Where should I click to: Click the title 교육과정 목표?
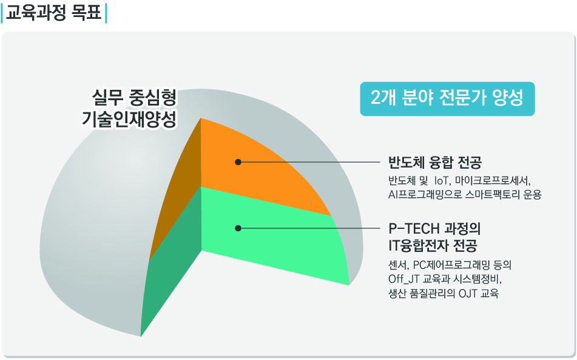(x=54, y=13)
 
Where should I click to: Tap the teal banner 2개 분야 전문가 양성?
(x=447, y=98)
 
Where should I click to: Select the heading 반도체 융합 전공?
(x=435, y=162)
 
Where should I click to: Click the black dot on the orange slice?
(x=238, y=162)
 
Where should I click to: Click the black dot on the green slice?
(x=238, y=228)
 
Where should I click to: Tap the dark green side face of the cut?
(x=171, y=265)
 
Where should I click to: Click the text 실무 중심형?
(x=134, y=98)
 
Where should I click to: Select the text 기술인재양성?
(x=129, y=119)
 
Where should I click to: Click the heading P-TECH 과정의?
(x=434, y=229)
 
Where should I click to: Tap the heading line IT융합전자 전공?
(x=433, y=245)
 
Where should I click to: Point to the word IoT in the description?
(x=442, y=181)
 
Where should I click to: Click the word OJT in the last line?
(x=468, y=293)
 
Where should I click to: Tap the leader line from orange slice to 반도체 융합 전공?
(x=309, y=162)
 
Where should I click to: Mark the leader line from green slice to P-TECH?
(x=309, y=228)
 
